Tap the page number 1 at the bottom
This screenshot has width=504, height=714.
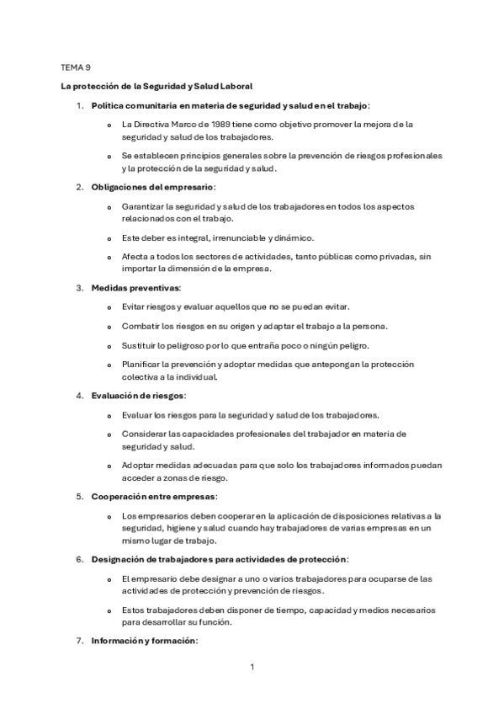(x=252, y=667)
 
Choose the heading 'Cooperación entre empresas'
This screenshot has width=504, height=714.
(x=154, y=497)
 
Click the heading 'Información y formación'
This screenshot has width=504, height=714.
(x=144, y=641)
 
